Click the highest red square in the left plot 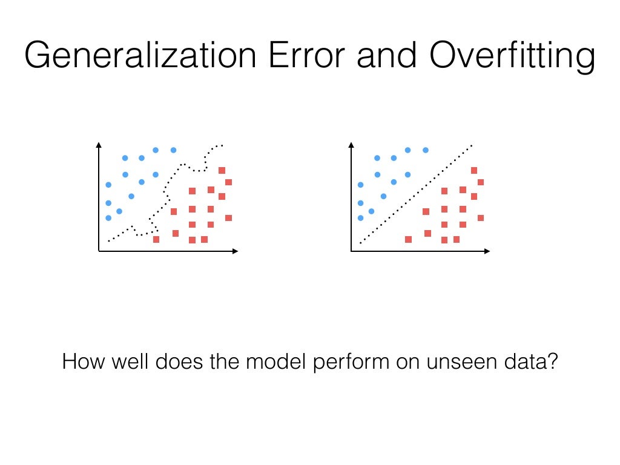tap(222, 170)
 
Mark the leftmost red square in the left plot tap(156, 239)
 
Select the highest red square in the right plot tap(474, 170)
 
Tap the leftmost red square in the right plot tap(408, 239)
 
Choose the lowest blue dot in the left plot tap(108, 218)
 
